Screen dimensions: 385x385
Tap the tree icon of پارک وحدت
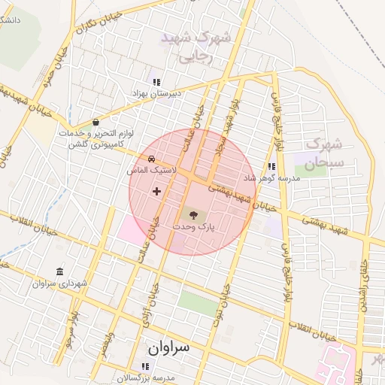(x=195, y=214)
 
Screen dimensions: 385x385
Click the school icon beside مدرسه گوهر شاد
(x=271, y=167)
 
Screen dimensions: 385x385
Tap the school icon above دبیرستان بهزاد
(x=156, y=83)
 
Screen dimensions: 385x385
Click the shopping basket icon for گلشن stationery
(x=95, y=123)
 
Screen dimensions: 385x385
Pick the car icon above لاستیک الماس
(x=152, y=159)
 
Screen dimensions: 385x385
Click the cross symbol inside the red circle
(x=156, y=191)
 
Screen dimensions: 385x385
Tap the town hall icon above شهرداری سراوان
(x=60, y=271)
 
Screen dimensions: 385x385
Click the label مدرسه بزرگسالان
(x=145, y=377)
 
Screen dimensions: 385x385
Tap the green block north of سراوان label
(x=196, y=304)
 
